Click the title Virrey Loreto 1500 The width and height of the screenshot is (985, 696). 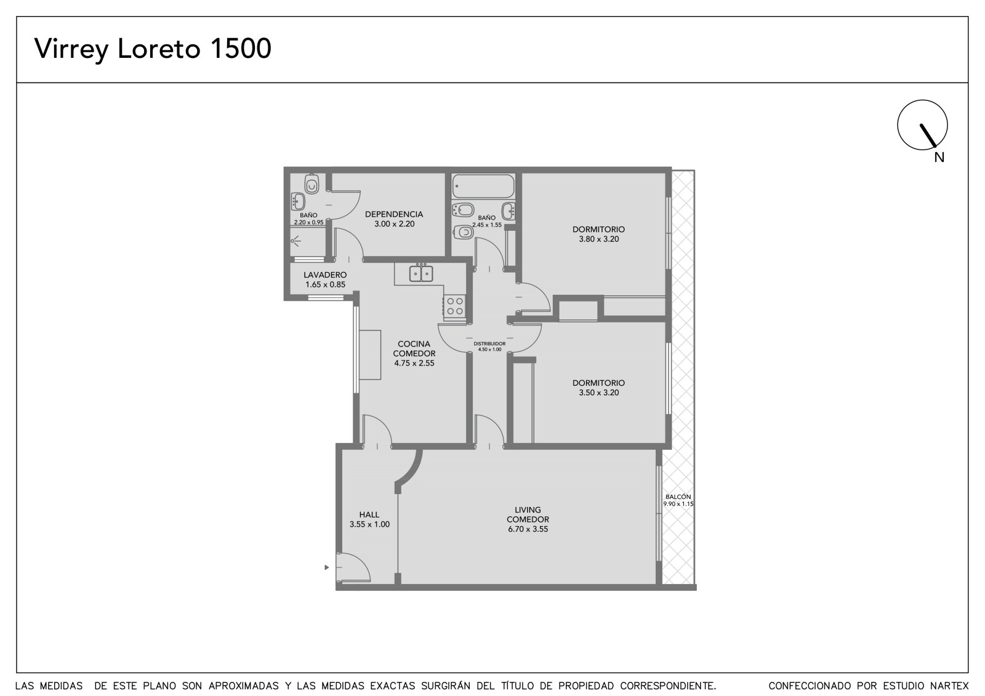[x=153, y=49]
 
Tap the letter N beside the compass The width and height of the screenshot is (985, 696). [x=939, y=158]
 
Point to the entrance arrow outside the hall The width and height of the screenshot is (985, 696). [x=326, y=567]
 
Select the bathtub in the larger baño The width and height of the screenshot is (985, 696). [x=483, y=186]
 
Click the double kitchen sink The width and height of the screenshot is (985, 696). [x=421, y=273]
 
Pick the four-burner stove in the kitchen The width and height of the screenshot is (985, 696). [x=455, y=306]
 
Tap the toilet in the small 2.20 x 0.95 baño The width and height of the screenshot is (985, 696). [x=312, y=184]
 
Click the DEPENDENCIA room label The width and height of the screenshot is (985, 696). [x=394, y=215]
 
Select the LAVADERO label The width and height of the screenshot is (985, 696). [x=325, y=275]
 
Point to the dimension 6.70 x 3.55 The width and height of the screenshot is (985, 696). [x=528, y=529]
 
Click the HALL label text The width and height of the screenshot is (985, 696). [x=369, y=514]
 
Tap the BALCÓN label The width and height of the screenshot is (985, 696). [x=678, y=497]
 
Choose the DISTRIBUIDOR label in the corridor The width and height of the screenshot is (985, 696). [x=489, y=344]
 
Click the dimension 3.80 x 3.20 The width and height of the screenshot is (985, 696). [x=598, y=239]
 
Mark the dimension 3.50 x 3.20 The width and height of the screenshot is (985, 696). [x=598, y=393]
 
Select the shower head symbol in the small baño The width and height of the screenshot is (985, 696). [x=295, y=241]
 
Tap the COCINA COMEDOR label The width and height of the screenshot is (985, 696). [x=414, y=349]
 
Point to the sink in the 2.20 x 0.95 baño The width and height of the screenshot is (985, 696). [x=298, y=202]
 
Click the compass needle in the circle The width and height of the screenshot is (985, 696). [x=928, y=135]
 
